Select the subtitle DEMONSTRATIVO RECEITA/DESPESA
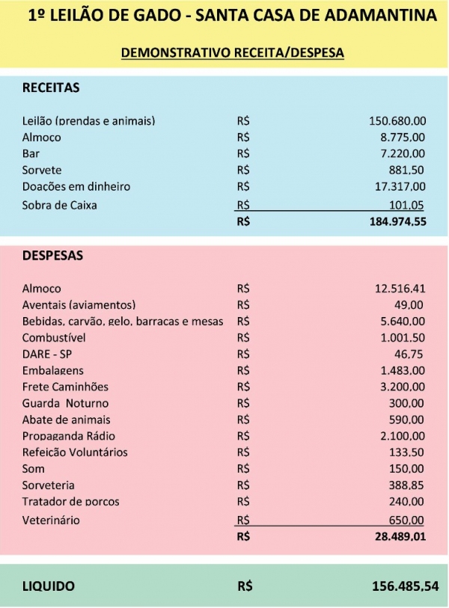click(232, 53)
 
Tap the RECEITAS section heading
click(51, 87)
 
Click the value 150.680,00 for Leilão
click(397, 120)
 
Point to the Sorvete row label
click(42, 170)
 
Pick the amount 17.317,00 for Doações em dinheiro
click(400, 186)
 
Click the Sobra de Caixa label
click(60, 205)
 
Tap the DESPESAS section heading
click(52, 255)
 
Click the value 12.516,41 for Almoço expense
click(400, 288)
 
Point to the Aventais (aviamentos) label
click(79, 304)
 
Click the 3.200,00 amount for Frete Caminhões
click(403, 387)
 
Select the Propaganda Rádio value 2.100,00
click(403, 436)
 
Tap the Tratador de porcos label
click(71, 501)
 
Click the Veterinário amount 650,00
click(406, 520)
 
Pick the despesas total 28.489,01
click(400, 536)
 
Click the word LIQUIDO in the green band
click(49, 586)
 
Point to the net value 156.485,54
click(405, 586)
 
